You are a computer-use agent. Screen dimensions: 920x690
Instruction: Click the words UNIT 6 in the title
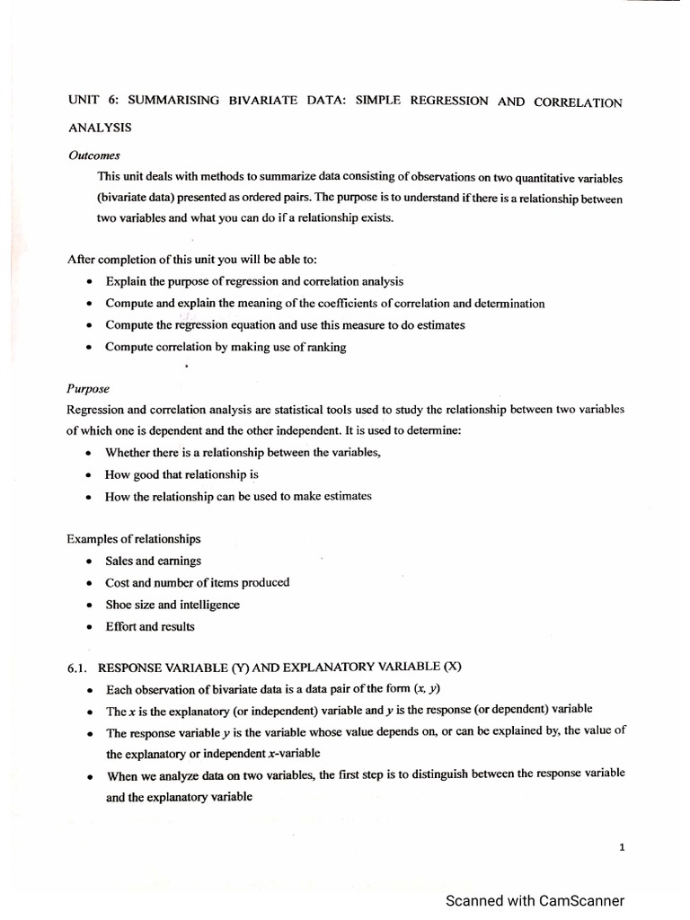click(x=90, y=101)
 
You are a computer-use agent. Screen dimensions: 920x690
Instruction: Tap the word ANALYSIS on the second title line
click(x=100, y=128)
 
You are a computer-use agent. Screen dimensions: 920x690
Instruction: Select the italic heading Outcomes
click(x=94, y=155)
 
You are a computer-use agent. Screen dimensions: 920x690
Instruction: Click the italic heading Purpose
click(x=88, y=389)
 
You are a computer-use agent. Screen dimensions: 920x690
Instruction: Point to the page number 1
click(x=621, y=845)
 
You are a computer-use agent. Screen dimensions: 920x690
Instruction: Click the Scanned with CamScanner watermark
click(x=535, y=900)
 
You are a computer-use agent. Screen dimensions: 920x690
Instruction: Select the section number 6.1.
click(x=78, y=668)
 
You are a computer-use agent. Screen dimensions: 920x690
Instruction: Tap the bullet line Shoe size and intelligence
click(x=172, y=605)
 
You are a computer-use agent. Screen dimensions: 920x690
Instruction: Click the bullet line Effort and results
click(x=149, y=626)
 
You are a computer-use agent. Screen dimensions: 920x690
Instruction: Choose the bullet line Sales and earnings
click(x=153, y=561)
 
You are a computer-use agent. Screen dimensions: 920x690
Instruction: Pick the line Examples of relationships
click(x=133, y=539)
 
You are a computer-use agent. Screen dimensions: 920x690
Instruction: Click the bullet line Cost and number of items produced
click(x=197, y=582)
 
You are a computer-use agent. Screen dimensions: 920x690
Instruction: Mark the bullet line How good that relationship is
click(x=181, y=474)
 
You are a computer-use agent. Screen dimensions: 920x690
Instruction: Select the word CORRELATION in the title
click(x=578, y=102)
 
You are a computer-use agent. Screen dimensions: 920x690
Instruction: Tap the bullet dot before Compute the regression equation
click(x=88, y=325)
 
